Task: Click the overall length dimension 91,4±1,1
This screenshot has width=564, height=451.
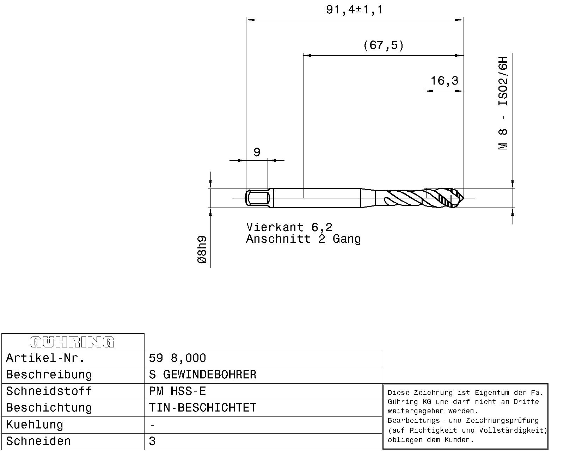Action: (354, 10)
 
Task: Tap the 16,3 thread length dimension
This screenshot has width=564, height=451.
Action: (445, 81)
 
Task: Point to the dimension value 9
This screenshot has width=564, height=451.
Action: (257, 152)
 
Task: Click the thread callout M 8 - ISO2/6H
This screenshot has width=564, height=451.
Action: (503, 103)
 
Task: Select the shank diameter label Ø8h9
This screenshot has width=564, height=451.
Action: (202, 250)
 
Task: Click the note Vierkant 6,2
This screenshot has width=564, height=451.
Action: (289, 227)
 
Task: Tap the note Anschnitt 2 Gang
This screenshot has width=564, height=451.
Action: (303, 239)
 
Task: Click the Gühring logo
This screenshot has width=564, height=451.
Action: (72, 342)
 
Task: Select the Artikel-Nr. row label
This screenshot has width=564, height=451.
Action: (45, 358)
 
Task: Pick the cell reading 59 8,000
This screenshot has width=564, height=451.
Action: (177, 358)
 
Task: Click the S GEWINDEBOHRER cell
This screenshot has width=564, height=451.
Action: (203, 375)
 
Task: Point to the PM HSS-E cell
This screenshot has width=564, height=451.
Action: (177, 391)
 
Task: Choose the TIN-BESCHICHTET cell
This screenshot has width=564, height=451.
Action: (203, 408)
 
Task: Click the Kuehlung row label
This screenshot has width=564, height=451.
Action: (35, 425)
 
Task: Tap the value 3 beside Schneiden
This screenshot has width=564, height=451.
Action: (152, 441)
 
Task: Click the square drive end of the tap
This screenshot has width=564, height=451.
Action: (257, 198)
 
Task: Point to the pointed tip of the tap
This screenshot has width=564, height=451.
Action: (463, 198)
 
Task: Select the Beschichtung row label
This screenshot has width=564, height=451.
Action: (49, 408)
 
